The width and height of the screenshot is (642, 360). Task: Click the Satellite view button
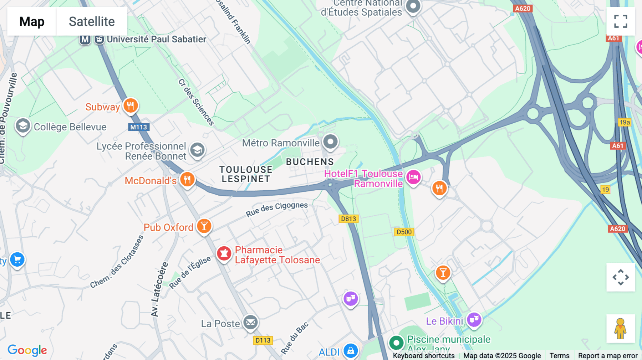92,21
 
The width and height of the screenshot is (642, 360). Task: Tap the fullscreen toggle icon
621,21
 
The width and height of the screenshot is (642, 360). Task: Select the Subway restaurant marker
131,106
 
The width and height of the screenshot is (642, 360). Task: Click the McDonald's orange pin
187,179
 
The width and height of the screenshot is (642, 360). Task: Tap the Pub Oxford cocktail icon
204,226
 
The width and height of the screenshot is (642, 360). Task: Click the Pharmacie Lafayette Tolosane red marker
224,254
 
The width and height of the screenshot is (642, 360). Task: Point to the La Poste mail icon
250,323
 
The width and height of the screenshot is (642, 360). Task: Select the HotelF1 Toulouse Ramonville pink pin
413,177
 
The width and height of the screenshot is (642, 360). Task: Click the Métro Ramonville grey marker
330,142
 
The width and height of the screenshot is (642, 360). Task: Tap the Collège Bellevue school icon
23,126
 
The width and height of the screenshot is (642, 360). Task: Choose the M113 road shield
138,127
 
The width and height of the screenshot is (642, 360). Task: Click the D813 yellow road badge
348,219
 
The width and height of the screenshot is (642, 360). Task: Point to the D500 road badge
404,232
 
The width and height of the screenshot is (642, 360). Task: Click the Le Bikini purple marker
474,319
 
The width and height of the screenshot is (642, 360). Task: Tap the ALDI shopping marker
351,351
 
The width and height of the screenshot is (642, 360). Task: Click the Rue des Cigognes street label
276,209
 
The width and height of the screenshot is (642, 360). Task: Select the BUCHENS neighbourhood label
310,162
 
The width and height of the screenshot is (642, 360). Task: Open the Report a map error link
608,355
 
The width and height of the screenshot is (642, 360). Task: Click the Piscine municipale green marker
396,343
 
